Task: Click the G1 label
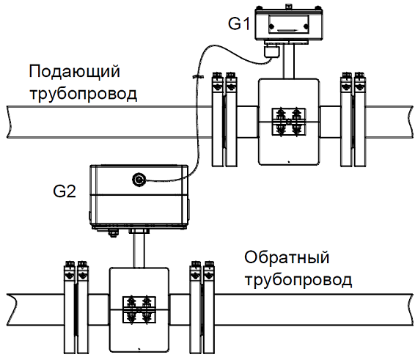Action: click(x=239, y=23)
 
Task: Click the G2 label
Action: click(x=65, y=191)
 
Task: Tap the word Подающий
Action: click(x=74, y=71)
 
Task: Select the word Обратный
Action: click(x=287, y=257)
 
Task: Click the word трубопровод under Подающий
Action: click(x=84, y=93)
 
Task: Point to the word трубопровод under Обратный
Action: click(x=298, y=279)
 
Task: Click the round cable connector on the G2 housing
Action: click(x=139, y=180)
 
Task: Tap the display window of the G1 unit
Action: click(x=288, y=24)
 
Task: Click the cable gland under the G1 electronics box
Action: click(x=271, y=51)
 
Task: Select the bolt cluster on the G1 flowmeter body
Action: click(x=288, y=122)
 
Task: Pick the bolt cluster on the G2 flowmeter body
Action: click(x=139, y=309)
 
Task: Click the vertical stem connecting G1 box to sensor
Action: click(x=289, y=61)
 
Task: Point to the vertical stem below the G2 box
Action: click(x=139, y=251)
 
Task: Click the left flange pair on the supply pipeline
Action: click(x=224, y=119)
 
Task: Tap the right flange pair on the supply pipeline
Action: click(x=353, y=119)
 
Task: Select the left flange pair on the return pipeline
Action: click(x=76, y=307)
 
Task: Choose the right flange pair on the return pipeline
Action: click(x=202, y=307)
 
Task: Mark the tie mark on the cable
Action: click(x=198, y=77)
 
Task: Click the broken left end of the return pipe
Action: click(x=10, y=309)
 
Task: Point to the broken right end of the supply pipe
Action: click(x=409, y=122)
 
